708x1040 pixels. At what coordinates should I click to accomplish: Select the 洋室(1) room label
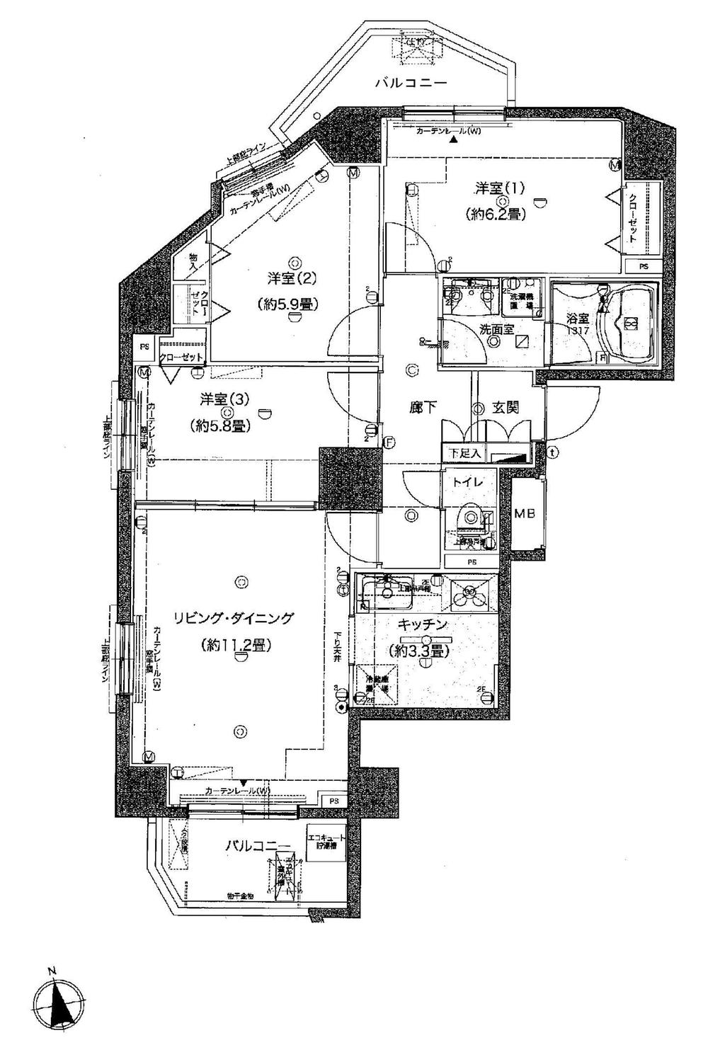point(499,188)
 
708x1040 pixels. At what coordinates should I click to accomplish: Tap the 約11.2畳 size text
point(236,644)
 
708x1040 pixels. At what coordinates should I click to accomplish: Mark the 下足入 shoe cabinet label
point(464,452)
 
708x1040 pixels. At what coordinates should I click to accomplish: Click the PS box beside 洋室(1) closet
point(643,267)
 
